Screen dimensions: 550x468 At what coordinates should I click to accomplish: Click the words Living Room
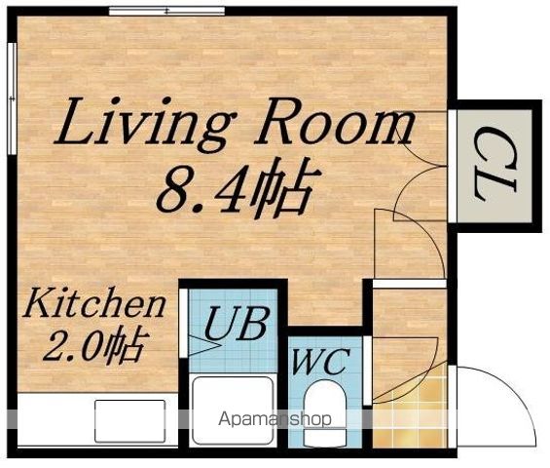pyautogui.click(x=235, y=124)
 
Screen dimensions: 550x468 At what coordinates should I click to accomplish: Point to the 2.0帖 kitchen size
pyautogui.click(x=94, y=345)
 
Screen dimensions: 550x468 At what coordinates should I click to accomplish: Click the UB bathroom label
pyautogui.click(x=238, y=323)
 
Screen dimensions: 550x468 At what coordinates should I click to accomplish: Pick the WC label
pyautogui.click(x=321, y=361)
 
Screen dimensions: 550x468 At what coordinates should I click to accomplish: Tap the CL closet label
pyautogui.click(x=495, y=166)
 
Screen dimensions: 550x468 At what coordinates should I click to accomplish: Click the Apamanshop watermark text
pyautogui.click(x=275, y=419)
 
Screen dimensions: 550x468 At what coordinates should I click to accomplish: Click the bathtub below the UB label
pyautogui.click(x=233, y=410)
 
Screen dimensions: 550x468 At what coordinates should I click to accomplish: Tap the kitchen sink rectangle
pyautogui.click(x=130, y=421)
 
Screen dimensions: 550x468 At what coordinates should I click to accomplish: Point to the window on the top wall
pyautogui.click(x=166, y=11)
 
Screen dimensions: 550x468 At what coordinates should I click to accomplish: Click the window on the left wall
pyautogui.click(x=12, y=98)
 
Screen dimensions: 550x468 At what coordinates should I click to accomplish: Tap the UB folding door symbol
pyautogui.click(x=204, y=346)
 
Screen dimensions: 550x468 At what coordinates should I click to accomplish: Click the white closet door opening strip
pyautogui.click(x=453, y=166)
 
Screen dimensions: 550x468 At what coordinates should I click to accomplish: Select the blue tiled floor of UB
pyautogui.click(x=233, y=331)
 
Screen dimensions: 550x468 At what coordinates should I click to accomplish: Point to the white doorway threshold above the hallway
pyautogui.click(x=410, y=283)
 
